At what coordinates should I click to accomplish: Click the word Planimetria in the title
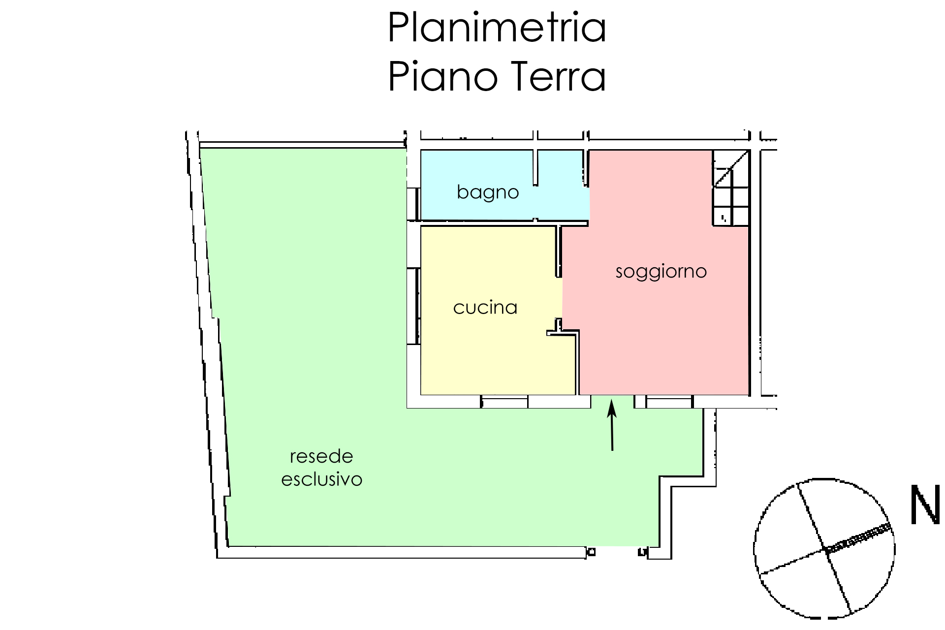[x=497, y=28]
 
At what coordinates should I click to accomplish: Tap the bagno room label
[x=488, y=192]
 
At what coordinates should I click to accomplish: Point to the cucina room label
[x=485, y=308]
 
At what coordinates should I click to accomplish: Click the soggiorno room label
[x=661, y=272]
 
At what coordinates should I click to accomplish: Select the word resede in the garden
[x=321, y=456]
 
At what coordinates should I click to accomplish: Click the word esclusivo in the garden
[x=321, y=479]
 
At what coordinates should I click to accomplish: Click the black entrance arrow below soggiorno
[x=612, y=425]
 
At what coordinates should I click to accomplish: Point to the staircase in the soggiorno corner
[x=731, y=188]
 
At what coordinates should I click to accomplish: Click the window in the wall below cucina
[x=504, y=402]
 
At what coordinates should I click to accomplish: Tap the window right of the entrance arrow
[x=669, y=402]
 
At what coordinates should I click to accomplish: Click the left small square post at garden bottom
[x=591, y=552]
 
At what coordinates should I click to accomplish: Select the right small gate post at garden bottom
[x=642, y=552]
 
